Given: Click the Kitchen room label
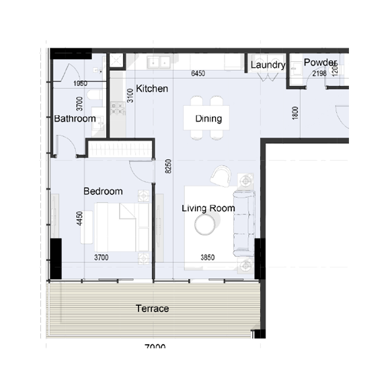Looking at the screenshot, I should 152,89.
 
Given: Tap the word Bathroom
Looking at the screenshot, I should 75,119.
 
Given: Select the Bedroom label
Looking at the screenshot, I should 103,192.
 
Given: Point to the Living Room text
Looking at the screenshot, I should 208,208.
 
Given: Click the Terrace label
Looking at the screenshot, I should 152,309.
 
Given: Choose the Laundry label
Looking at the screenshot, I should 268,65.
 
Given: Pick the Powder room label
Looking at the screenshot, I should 320,63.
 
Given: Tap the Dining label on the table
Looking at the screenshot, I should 209,119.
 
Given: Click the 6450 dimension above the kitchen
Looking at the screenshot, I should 198,73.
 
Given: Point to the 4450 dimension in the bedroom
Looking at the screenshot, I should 80,220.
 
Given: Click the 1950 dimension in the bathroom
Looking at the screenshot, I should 81,83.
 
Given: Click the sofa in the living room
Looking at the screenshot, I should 243,223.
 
